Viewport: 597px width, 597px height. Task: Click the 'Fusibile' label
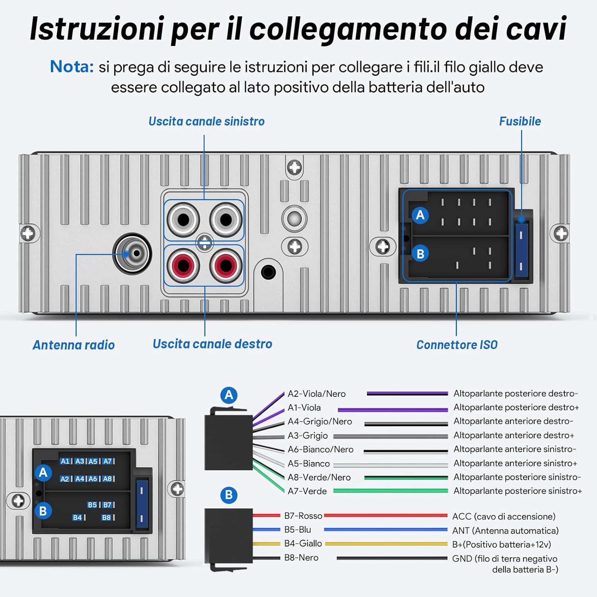coord(520,121)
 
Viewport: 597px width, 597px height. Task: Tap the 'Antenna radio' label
coord(74,345)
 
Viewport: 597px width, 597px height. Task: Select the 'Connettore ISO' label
coord(457,345)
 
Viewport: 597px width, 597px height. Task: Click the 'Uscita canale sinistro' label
coord(206,121)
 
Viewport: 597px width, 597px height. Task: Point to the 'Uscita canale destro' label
coord(212,344)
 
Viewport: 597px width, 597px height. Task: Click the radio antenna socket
coord(133,254)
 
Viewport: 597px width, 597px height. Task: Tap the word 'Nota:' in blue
coord(72,66)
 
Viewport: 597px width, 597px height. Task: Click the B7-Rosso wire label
coord(303,516)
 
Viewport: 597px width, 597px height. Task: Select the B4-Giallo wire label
coord(303,544)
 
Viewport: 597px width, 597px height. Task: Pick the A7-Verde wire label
coord(307,491)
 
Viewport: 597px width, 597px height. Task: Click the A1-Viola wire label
coord(304,408)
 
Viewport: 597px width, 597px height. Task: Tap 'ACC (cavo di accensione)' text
coord(503,517)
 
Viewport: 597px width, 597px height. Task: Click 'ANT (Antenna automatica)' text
coord(505,531)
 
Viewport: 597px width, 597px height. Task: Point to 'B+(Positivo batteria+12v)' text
coord(501,544)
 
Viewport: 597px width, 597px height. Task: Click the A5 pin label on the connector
coord(93,461)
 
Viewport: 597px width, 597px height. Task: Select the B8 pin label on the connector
coord(106,517)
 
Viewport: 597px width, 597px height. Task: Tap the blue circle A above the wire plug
coord(229,395)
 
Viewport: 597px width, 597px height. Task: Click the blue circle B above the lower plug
coord(229,495)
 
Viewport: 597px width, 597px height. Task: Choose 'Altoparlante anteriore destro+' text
coord(513,435)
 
